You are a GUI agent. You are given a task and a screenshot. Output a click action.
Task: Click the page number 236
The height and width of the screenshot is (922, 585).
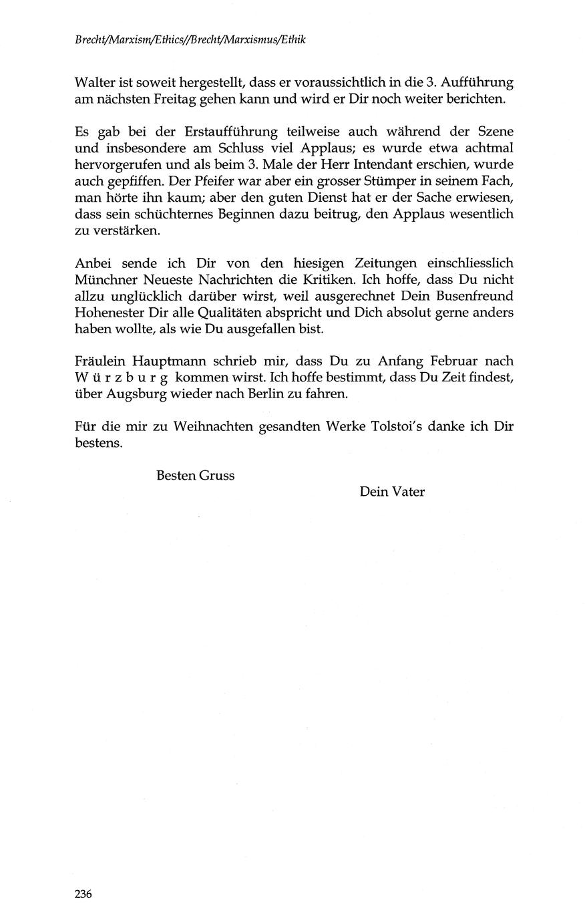[83, 894]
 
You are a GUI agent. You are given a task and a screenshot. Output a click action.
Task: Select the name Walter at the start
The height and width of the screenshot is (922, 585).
[93, 84]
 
